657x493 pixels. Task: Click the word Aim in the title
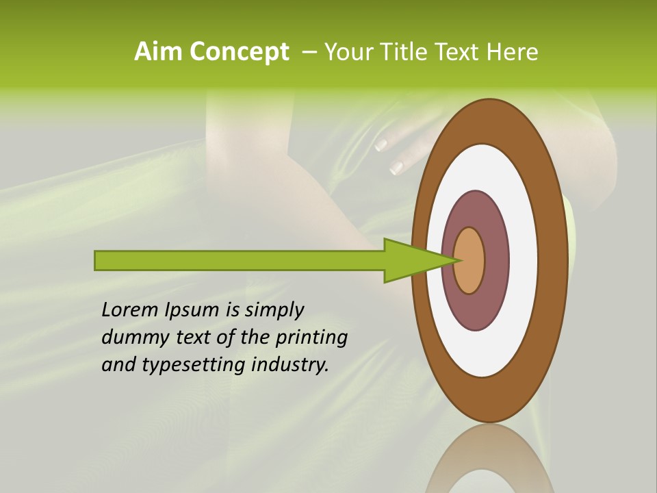(157, 52)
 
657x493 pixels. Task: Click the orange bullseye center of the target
(469, 260)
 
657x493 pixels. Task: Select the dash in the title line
(309, 53)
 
